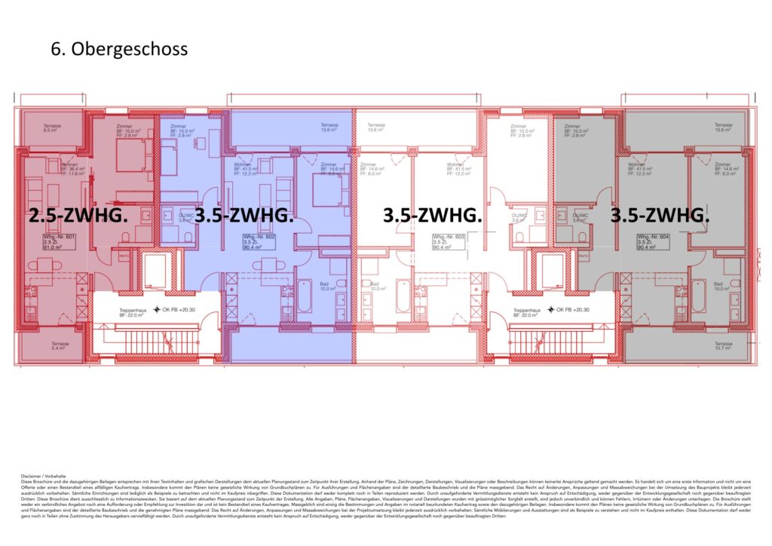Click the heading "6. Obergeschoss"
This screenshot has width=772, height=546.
[118, 49]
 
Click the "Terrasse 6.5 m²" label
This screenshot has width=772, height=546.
[52, 128]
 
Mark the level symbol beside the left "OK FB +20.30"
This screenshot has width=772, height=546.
[157, 310]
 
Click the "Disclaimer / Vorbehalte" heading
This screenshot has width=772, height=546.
[44, 477]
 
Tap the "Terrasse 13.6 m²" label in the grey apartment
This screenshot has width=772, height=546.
[723, 127]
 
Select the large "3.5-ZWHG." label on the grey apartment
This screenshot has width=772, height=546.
[660, 216]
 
